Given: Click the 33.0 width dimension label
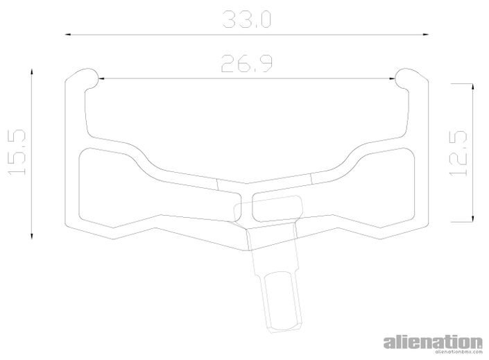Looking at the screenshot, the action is tap(247, 19).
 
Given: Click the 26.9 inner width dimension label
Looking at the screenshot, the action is tap(247, 64).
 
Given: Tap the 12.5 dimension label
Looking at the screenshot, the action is tap(458, 153).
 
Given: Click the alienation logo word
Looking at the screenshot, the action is tap(433, 342).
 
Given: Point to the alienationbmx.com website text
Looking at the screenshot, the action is tap(458, 352).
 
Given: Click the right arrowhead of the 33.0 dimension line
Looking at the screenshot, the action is tap(424, 34).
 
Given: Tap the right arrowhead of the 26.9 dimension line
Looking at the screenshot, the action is tap(391, 78).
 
